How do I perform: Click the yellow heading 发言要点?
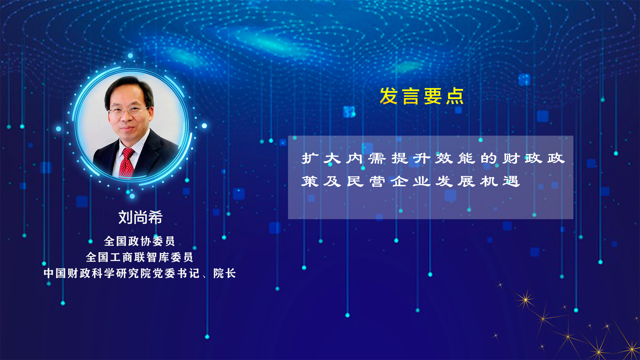(422, 96)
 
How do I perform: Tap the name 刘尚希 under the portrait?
(140, 217)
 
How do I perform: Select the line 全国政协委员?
(139, 241)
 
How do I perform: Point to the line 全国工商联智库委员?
(139, 257)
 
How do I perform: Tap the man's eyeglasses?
(128, 111)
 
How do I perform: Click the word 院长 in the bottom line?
(225, 273)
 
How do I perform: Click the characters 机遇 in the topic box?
(500, 181)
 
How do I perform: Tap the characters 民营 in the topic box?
(366, 181)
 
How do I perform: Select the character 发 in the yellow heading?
(389, 96)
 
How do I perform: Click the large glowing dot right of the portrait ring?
(204, 126)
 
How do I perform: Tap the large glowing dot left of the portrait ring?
(59, 129)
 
